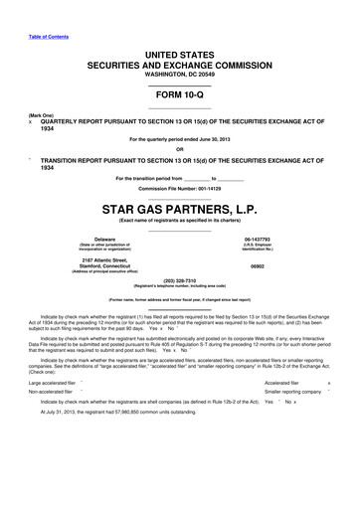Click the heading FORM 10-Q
coord(179,95)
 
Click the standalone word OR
coord(179,150)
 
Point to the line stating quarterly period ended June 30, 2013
coord(179,140)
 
